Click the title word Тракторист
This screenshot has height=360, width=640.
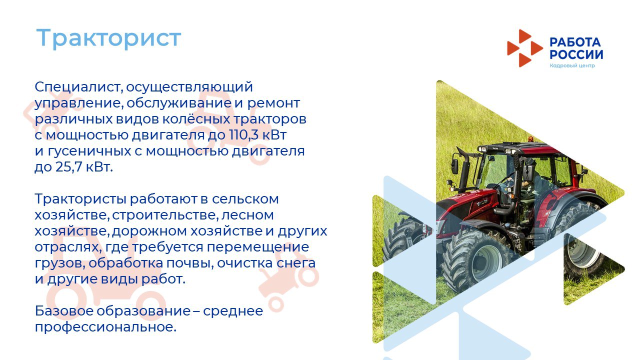(x=108, y=38)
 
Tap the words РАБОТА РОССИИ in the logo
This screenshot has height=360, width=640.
(x=576, y=48)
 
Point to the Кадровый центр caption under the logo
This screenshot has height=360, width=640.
(x=572, y=65)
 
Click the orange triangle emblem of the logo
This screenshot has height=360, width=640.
(x=525, y=48)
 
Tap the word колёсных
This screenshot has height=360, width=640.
(x=196, y=119)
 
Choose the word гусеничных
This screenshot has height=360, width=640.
(x=89, y=151)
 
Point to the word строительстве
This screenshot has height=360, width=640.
(x=164, y=215)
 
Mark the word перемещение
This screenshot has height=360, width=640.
(x=257, y=247)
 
